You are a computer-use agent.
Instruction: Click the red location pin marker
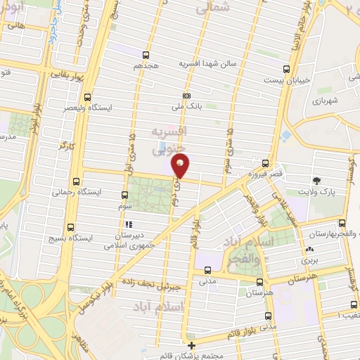coord(181,166)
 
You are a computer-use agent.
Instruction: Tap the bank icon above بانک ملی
coord(186,96)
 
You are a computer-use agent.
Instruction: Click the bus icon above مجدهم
coord(146,54)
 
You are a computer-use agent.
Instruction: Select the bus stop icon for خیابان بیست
coord(286,69)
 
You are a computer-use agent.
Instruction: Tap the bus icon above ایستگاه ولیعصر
coord(87,98)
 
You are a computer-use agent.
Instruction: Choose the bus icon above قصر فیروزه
coord(264,162)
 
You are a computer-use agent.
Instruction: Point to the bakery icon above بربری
coord(309,250)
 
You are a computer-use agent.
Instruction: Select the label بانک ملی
coord(186,108)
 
